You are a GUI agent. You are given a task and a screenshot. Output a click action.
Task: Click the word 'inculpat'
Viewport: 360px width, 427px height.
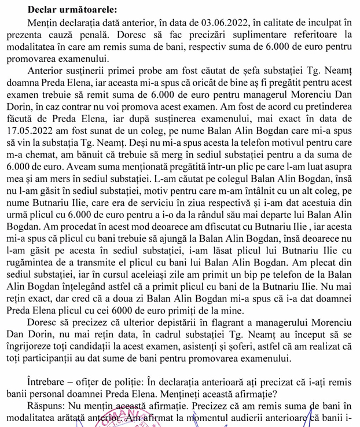coord(321,22)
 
